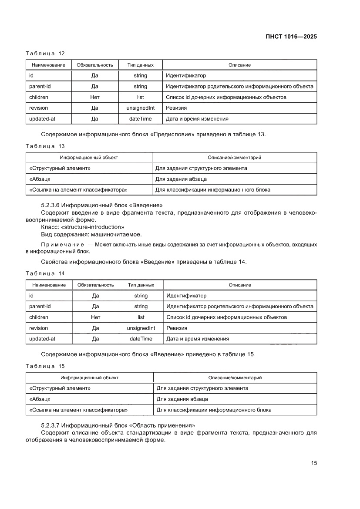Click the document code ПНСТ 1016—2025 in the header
[291, 37]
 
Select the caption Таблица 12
[45, 54]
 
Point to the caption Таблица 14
[45, 273]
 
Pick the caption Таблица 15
[45, 366]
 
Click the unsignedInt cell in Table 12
[140, 108]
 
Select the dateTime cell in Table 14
[141, 339]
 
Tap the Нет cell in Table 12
[94, 97]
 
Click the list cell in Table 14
[141, 317]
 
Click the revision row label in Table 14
[39, 328]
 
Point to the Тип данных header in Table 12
[140, 65]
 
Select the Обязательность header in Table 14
[95, 285]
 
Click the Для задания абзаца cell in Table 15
[182, 399]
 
